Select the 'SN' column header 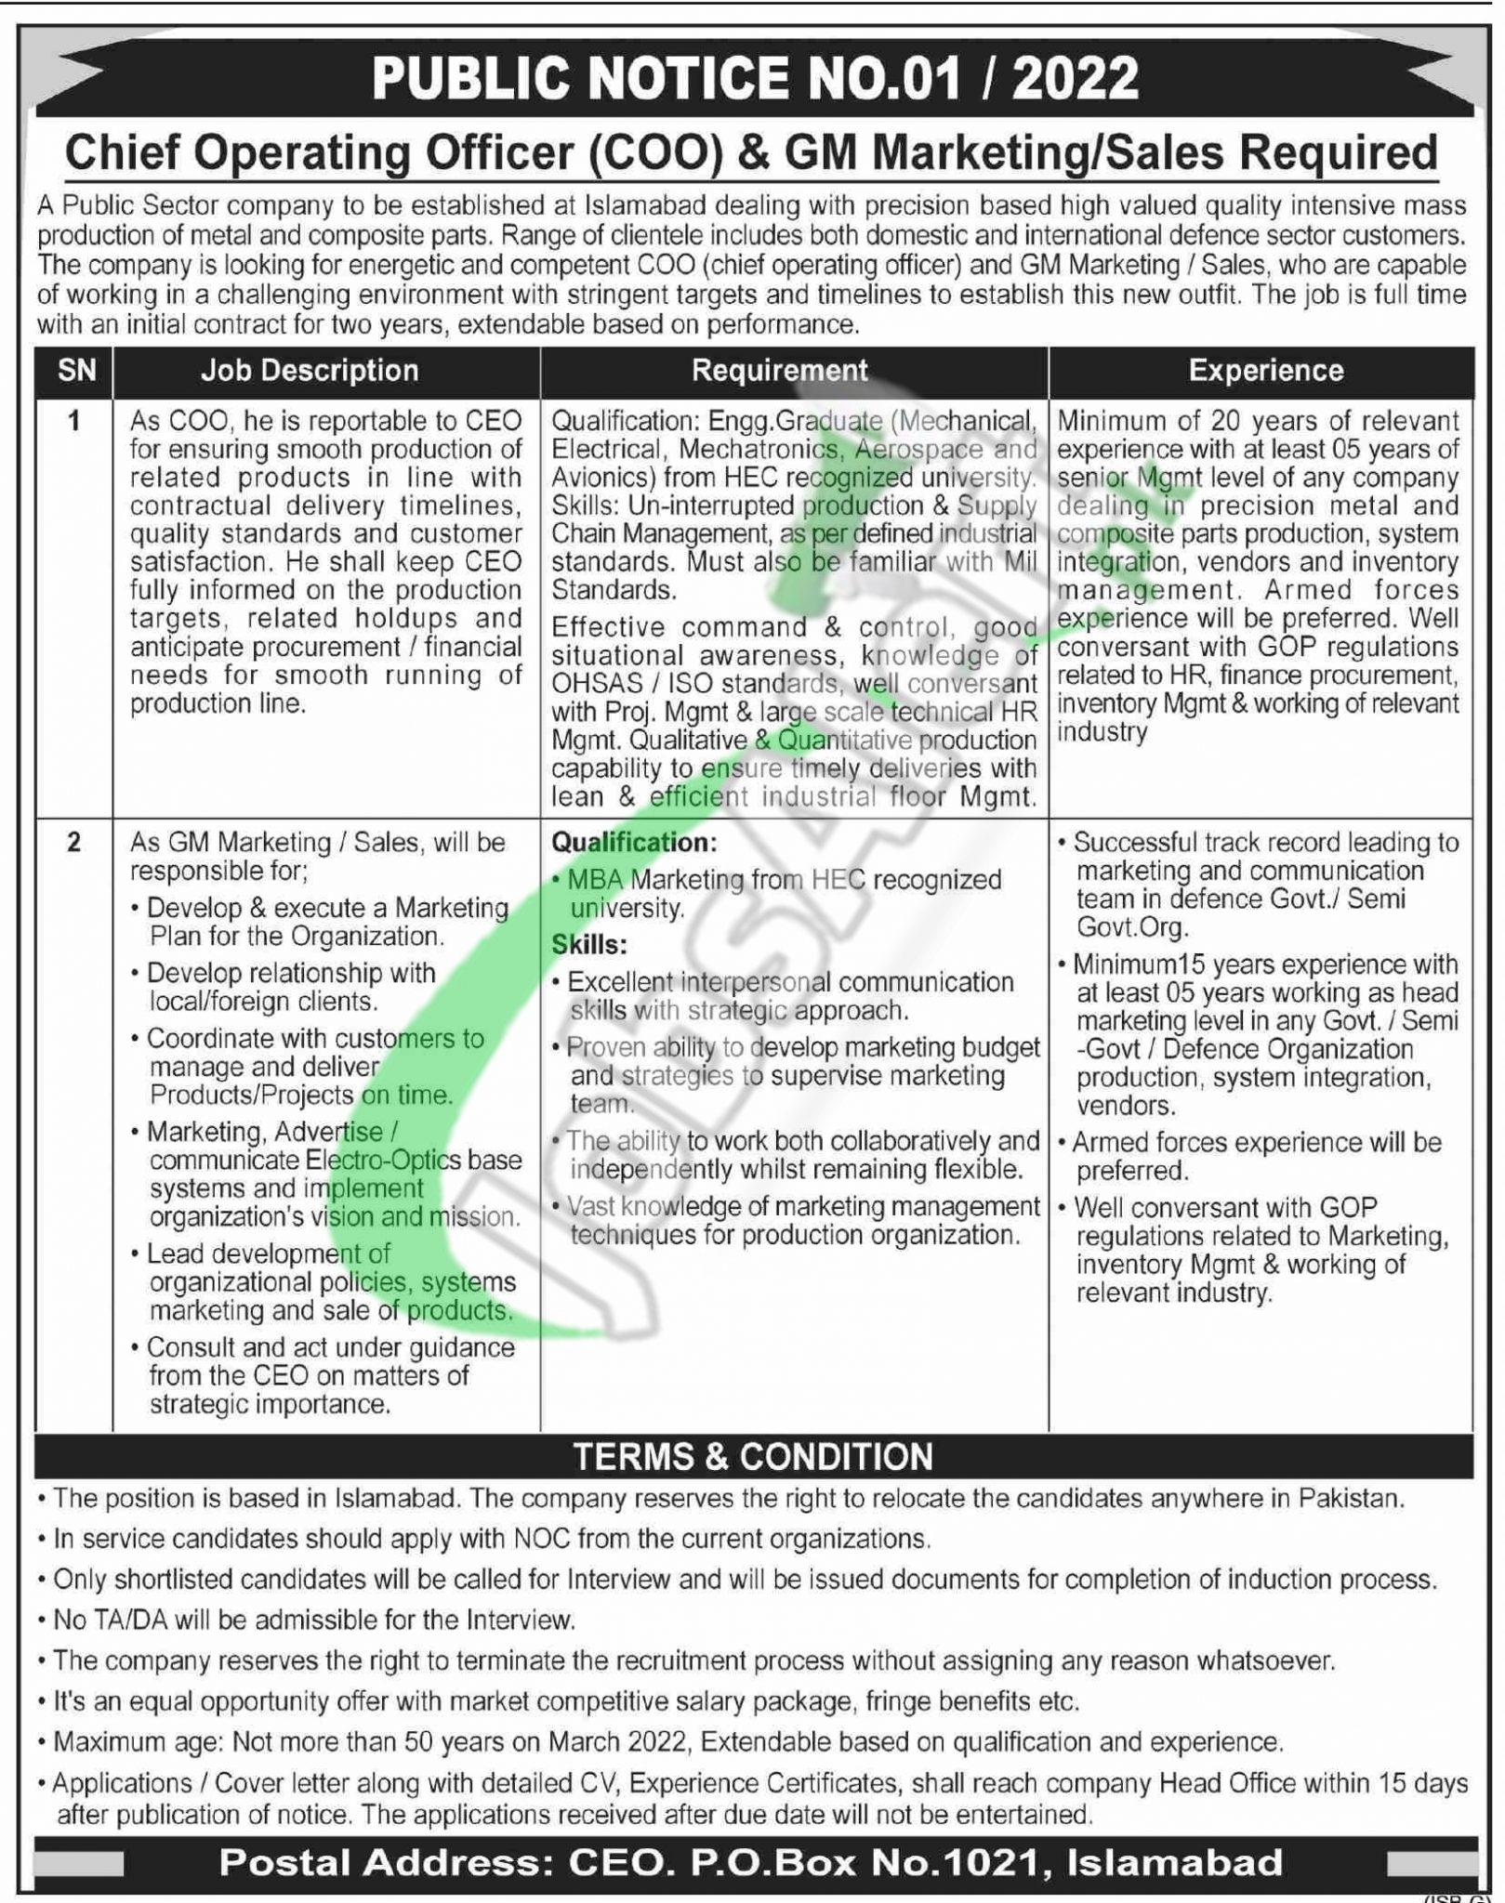point(76,371)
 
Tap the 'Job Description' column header point(310,371)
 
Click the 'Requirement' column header point(779,371)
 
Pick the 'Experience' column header point(1265,371)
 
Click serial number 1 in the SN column point(74,421)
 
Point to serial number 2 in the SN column point(74,842)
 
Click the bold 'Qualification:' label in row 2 point(634,843)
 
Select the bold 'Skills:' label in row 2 point(589,945)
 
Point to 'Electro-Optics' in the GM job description point(383,1161)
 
